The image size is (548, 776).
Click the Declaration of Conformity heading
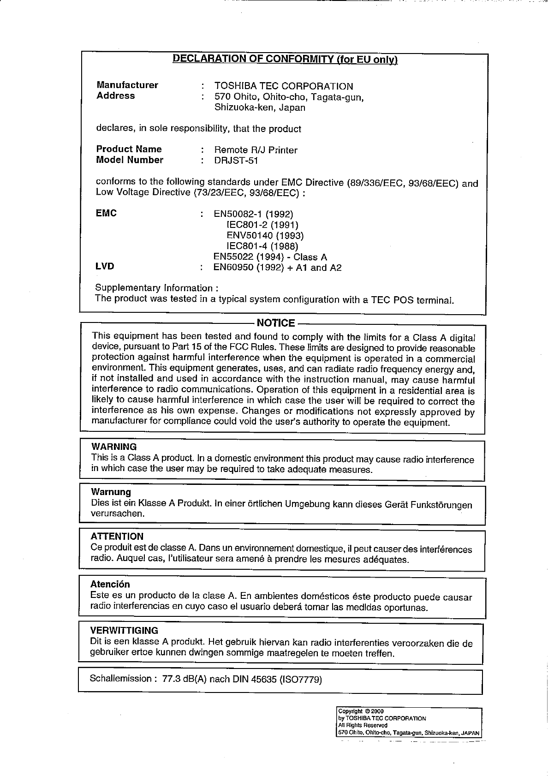coord(285,59)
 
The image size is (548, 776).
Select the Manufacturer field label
coord(127,85)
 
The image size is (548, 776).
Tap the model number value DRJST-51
coord(236,161)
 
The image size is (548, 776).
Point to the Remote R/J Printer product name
coord(256,150)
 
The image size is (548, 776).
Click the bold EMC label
coord(106,213)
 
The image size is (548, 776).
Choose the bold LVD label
coord(105,266)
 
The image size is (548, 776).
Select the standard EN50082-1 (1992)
coord(253,214)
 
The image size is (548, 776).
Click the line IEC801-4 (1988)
coord(262,246)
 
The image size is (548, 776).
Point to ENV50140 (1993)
coord(265,236)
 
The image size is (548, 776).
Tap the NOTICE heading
coord(275,323)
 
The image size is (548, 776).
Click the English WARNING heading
coord(114,447)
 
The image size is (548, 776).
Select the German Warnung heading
coord(111,492)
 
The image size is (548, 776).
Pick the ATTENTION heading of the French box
coord(117,536)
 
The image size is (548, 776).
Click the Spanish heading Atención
coord(110,585)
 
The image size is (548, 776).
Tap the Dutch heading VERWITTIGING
coord(124,630)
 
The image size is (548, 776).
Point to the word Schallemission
coord(121,678)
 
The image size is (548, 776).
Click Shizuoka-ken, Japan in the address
coord(260,108)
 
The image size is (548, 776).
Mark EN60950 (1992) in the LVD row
coord(248,268)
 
